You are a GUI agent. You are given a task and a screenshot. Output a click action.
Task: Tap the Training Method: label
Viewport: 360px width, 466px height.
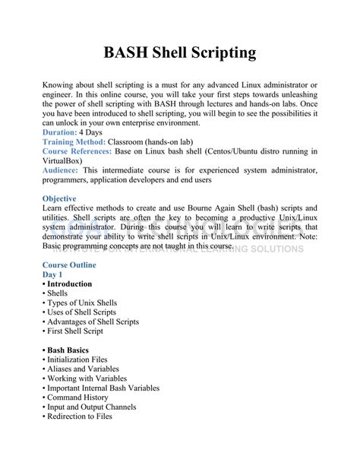tap(74, 142)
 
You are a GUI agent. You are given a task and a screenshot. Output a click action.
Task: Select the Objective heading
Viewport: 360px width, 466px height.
tap(64, 198)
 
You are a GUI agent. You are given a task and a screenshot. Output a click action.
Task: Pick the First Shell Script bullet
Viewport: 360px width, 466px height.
tap(77, 331)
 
